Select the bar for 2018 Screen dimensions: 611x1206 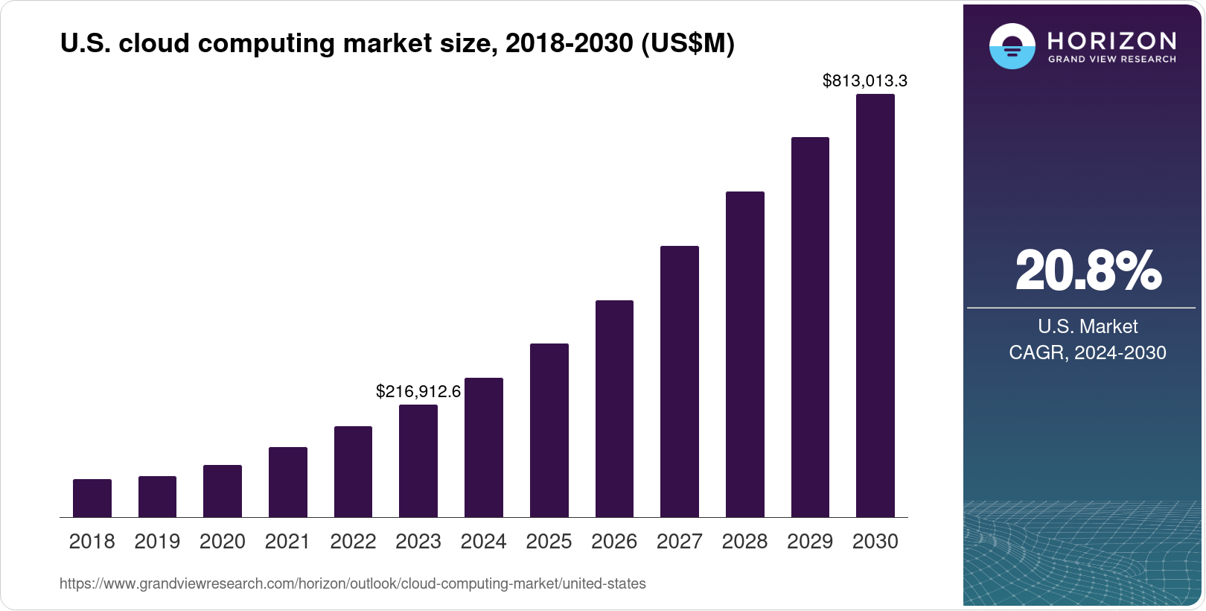pos(92,498)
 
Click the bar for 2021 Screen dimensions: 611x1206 pos(288,482)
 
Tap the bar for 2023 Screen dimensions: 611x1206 pos(418,461)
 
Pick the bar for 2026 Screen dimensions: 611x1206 pos(614,409)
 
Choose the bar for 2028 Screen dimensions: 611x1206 pos(744,355)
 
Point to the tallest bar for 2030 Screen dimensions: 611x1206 pos(875,305)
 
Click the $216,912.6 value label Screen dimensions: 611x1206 pos(418,391)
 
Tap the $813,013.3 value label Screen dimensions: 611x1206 pos(864,80)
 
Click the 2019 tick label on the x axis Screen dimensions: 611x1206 pos(157,542)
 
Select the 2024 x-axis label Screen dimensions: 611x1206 pos(483,542)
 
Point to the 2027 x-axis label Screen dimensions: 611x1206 pos(679,542)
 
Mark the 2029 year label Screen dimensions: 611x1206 pos(810,542)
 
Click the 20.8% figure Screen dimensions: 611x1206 pos(1088,271)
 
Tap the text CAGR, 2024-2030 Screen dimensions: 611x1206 pos(1087,352)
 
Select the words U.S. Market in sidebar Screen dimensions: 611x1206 pos(1088,326)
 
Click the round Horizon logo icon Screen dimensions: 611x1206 pos(1012,46)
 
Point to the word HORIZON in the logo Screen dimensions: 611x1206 pos(1111,40)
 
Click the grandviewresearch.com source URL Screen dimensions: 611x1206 pos(352,583)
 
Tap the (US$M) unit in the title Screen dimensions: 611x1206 pos(687,44)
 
